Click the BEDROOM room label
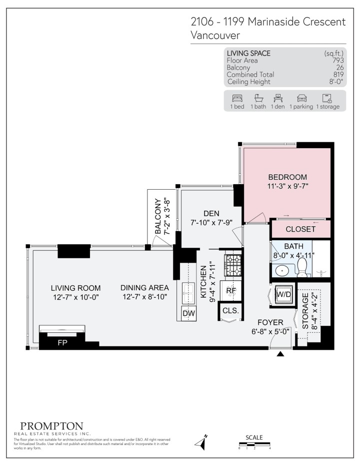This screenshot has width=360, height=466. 287,177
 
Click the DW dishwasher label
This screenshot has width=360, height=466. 188,313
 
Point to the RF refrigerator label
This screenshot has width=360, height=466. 230,290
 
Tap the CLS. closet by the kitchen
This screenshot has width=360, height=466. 230,311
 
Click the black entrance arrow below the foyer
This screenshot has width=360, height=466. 280,354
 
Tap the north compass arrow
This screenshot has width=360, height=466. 203,442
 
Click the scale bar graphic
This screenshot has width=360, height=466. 254,443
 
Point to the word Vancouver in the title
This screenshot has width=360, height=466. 215,36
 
